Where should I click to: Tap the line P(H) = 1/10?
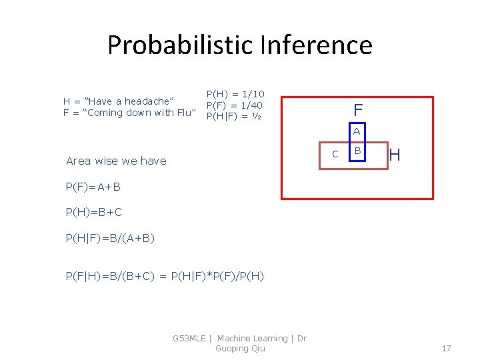tap(235, 95)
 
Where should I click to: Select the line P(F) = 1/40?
tap(234, 105)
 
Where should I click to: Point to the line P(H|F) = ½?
tap(233, 117)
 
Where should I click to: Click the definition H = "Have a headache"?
tap(119, 101)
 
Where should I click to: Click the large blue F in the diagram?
tap(358, 109)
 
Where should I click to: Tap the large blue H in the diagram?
tap(394, 155)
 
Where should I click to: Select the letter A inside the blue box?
tap(357, 131)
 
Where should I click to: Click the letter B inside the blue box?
tap(357, 151)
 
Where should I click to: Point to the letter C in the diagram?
tap(335, 155)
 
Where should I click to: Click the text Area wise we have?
tap(117, 161)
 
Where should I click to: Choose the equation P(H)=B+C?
tap(93, 213)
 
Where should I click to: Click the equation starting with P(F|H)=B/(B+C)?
tap(164, 275)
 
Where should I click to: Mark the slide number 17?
tap(446, 348)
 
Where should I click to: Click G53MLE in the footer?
tap(190, 339)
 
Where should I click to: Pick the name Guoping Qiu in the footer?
tap(240, 349)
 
